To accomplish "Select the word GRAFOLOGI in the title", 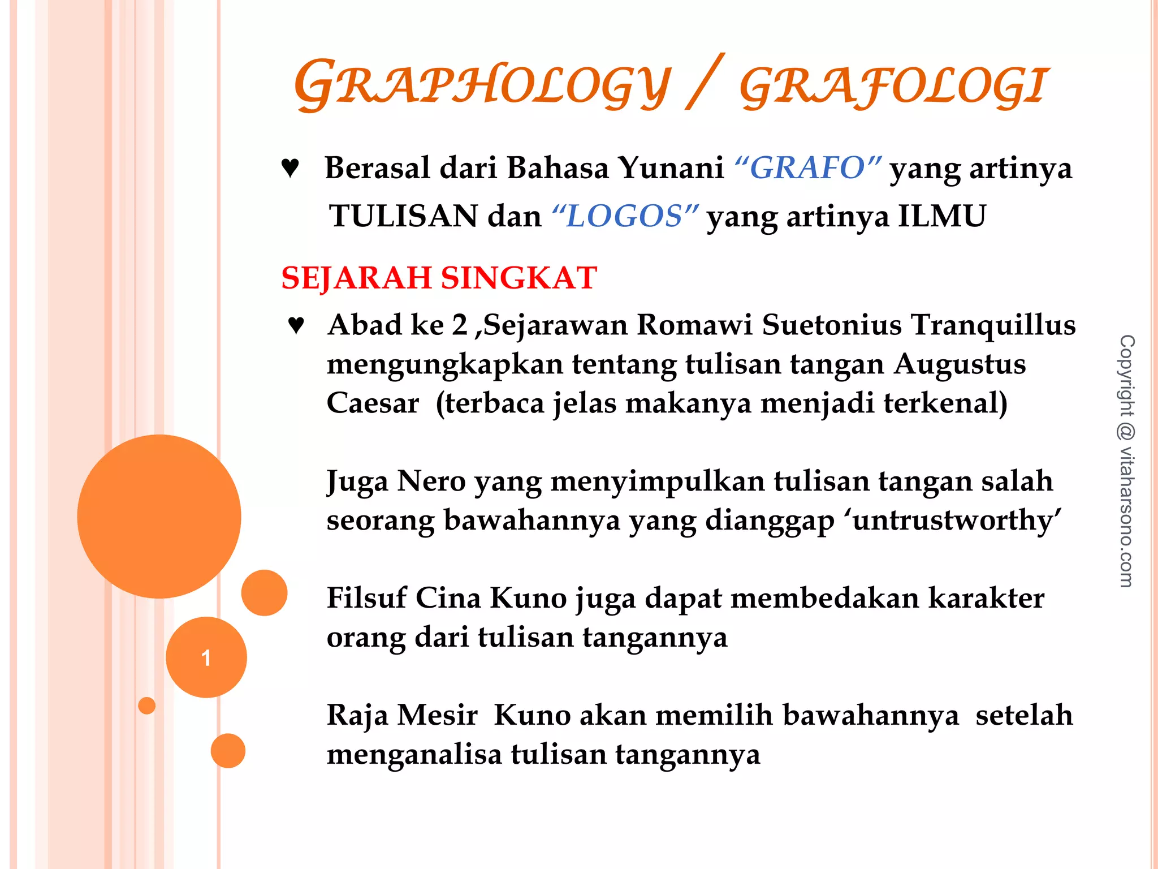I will point(893,86).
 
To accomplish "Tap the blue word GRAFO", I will point(807,168).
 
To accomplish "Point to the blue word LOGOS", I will point(625,216).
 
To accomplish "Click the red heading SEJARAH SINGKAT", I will point(439,278).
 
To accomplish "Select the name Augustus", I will point(960,364).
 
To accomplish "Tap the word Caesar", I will point(373,403).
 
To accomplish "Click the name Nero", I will point(431,481).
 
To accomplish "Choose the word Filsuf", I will point(366,598).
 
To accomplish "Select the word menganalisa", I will point(414,755).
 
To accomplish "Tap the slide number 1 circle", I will point(206,657).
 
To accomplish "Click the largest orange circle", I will point(159,516).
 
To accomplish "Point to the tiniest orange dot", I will point(146,705).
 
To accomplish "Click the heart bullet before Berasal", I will point(290,168).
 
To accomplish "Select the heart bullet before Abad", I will point(296,325).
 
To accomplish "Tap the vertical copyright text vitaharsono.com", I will point(1126,461).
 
